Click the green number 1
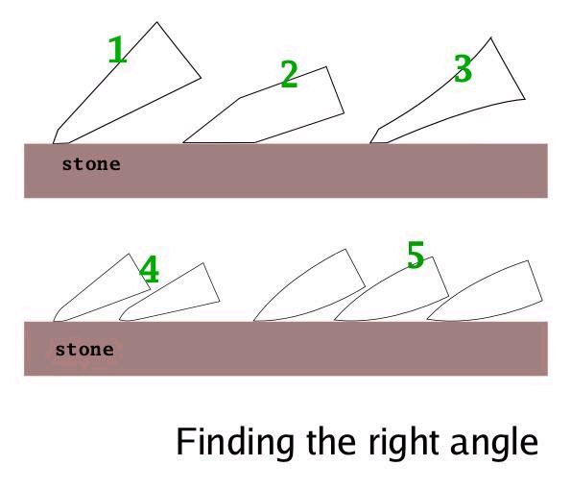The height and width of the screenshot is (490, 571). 118,50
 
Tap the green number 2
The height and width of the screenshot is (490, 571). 290,74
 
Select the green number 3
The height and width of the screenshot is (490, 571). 463,68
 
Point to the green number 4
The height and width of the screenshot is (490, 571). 150,269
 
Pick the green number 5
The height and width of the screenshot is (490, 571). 416,255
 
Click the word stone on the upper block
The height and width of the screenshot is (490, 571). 91,164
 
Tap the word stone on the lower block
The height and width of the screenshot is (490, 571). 84,350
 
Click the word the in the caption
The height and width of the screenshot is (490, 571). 331,442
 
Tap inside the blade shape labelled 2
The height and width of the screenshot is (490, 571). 276,110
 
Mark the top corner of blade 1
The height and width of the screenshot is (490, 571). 157,22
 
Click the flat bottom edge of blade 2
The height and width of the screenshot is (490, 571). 219,142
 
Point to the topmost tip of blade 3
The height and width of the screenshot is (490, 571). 490,37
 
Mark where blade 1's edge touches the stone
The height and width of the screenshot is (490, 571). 60,143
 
